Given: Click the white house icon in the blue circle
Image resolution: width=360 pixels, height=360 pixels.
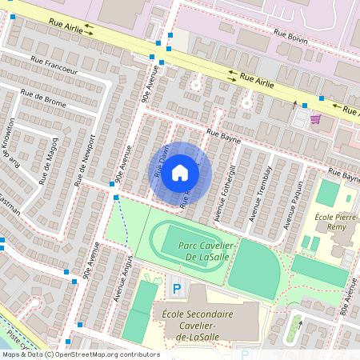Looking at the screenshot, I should pos(180,173).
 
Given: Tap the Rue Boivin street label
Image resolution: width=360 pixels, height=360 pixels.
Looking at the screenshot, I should pos(291,34).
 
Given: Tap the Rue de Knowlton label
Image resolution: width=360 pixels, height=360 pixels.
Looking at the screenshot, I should pos(10,144).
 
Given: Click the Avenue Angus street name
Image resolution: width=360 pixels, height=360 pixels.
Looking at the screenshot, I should pos(121,276).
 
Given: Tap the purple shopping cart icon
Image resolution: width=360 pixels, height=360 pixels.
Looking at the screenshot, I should pos(315,119).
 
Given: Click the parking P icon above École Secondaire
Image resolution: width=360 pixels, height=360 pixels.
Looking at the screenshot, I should pos(177,286).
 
